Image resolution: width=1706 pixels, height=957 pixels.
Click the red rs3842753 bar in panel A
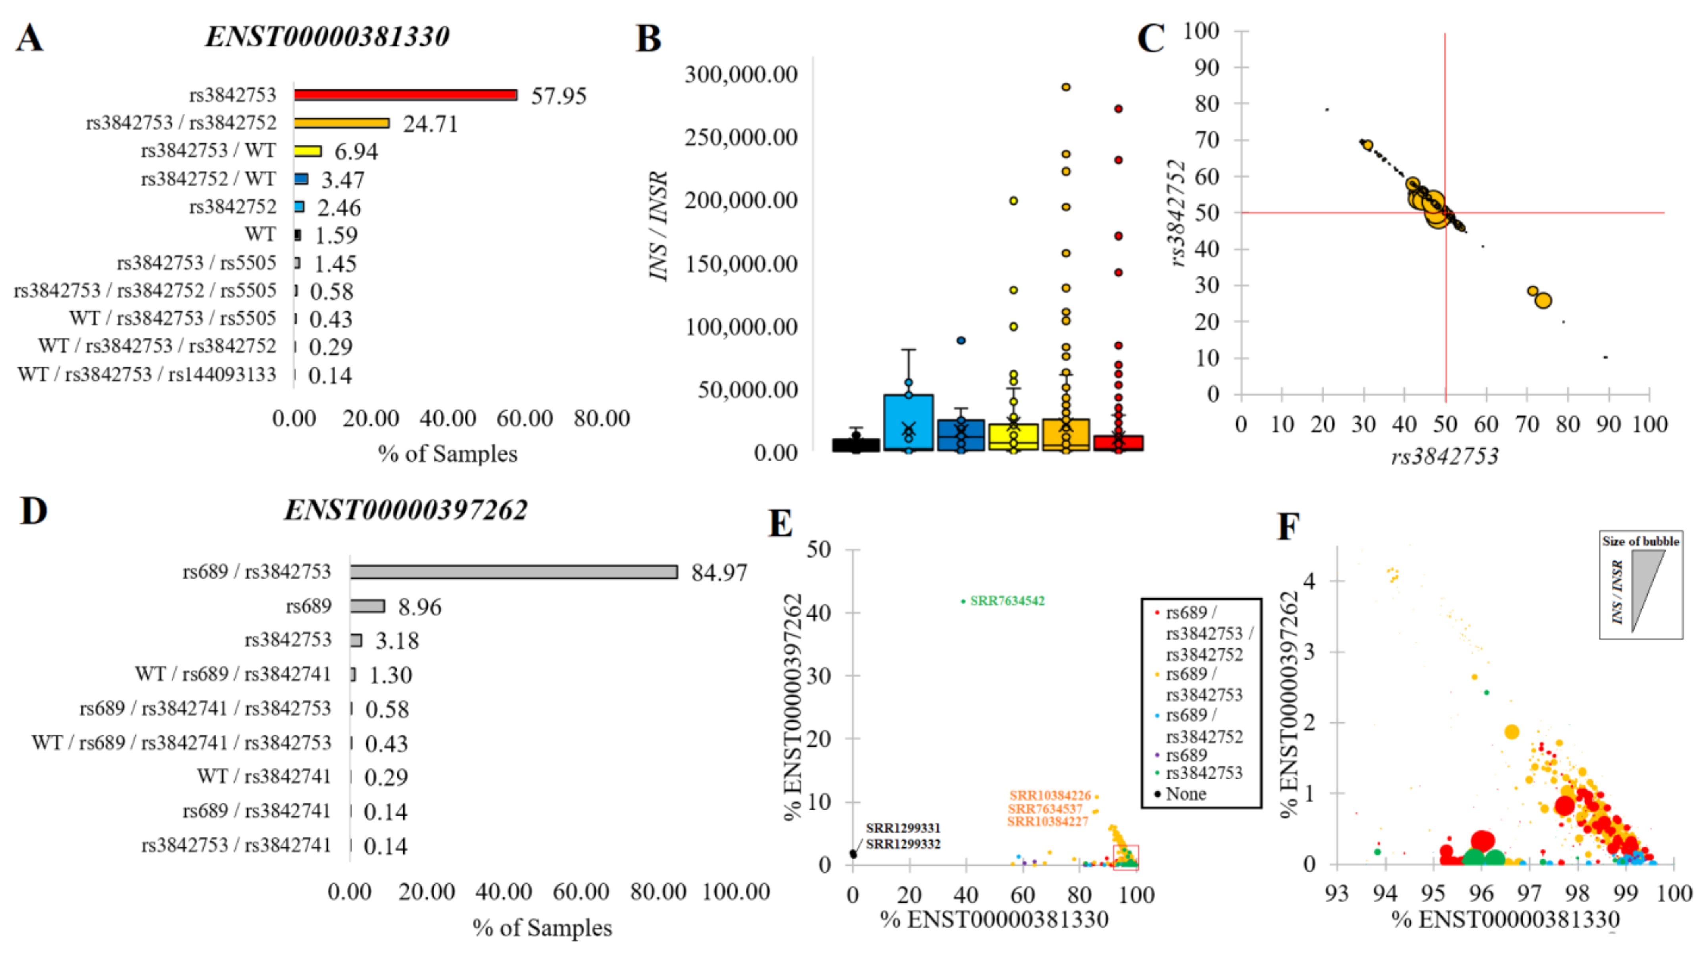[405, 95]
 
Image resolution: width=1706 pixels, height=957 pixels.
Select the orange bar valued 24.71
[342, 123]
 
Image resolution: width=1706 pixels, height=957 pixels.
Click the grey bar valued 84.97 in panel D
[513, 571]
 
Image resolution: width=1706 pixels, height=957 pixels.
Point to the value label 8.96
[419, 607]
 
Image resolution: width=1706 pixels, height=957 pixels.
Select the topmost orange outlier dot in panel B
[1066, 87]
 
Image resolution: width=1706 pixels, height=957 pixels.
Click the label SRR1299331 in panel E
[903, 828]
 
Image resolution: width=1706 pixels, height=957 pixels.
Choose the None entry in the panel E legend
[1186, 793]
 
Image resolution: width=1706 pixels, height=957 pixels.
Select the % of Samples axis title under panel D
[542, 928]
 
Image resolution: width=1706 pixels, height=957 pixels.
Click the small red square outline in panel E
[1126, 856]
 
